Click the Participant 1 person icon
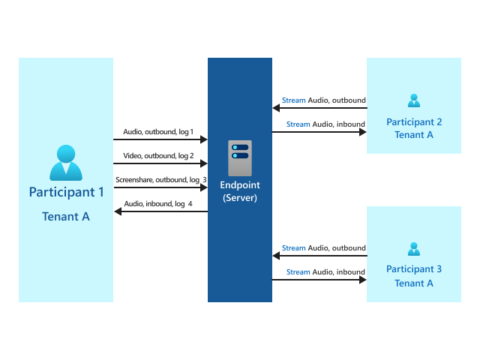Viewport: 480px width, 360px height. pos(66,163)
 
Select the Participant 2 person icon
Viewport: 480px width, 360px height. pos(414,101)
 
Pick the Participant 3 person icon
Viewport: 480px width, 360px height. pos(414,249)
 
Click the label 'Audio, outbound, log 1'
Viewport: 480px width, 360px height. pos(158,132)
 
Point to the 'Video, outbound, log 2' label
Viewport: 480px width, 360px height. pos(158,156)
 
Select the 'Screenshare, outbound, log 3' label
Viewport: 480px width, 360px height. pos(160,180)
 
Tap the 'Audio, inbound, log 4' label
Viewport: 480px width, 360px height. pos(158,204)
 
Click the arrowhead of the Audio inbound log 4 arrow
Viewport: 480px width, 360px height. pos(118,212)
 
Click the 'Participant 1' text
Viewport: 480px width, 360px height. pos(66,192)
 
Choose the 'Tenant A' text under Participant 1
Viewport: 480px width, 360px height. pos(66,217)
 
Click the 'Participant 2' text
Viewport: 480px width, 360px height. pos(414,121)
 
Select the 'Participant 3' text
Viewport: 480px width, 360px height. pos(414,269)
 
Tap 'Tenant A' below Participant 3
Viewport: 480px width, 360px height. pos(414,283)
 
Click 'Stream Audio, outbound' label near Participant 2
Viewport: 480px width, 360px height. pos(323,100)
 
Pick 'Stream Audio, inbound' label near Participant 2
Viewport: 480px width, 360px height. pos(325,124)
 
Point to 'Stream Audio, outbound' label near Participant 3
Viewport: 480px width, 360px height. pos(323,247)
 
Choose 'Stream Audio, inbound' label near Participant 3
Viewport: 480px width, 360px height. pos(325,272)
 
